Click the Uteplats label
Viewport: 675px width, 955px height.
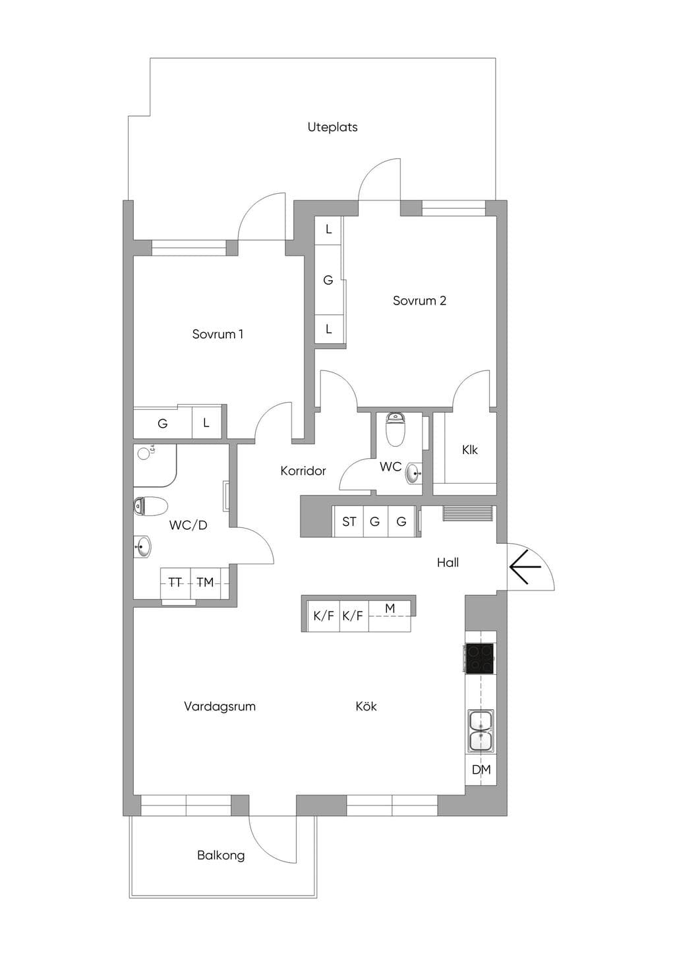pos(333,127)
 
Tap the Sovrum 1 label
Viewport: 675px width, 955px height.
pos(218,334)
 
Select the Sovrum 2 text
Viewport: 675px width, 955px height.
pos(420,301)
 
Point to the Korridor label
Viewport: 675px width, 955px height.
pos(303,471)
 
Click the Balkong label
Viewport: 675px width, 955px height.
pos(221,855)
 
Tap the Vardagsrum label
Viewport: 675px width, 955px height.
pos(220,707)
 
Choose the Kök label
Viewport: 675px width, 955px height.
pos(366,706)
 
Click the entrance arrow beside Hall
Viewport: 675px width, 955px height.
pos(525,567)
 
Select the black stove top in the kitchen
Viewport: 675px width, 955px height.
pos(480,658)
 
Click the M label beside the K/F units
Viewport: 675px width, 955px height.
pos(390,608)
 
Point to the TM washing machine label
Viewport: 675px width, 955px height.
pos(205,582)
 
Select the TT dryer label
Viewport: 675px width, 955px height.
pos(175,582)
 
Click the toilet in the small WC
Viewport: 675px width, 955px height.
pos(395,429)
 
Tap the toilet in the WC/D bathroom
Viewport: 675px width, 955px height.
pos(150,506)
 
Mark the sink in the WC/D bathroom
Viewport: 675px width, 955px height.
pos(142,546)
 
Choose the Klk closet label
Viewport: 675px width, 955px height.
pos(469,449)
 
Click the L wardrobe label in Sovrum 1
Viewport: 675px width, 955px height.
pos(206,423)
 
